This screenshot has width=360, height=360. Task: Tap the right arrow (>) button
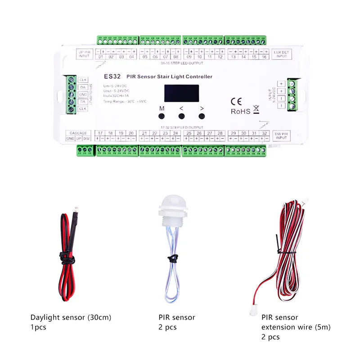(202, 116)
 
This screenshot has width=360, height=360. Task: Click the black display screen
(182, 93)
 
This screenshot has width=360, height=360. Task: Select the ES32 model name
(112, 77)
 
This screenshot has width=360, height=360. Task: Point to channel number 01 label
(101, 57)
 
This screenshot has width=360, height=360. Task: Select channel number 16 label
(264, 57)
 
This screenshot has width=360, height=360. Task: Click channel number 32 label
(265, 133)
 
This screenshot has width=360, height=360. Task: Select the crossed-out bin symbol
(256, 108)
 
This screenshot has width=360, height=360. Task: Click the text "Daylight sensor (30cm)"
(71, 317)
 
